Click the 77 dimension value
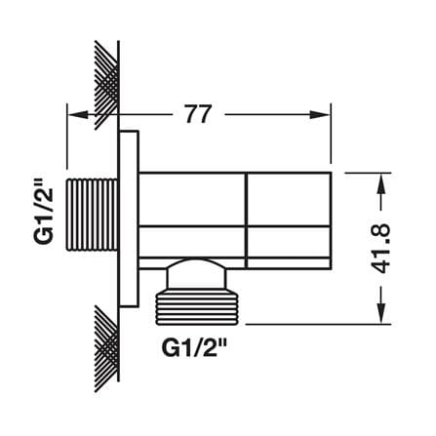tap(198, 114)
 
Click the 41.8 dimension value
tap(380, 249)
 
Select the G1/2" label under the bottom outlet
tap(194, 348)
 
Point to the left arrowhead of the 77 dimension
tap(77, 114)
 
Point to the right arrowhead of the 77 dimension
tap(320, 114)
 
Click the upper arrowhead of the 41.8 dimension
tap(381, 184)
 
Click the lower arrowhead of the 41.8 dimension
tap(381, 313)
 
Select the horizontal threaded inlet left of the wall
tap(92, 215)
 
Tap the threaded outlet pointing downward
tap(197, 308)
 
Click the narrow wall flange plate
tap(129, 218)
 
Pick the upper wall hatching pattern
tap(106, 85)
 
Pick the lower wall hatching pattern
tap(106, 348)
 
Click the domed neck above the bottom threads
tap(196, 274)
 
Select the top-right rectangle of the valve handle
tap(289, 199)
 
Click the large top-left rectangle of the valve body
tap(192, 199)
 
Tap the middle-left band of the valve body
tap(192, 241)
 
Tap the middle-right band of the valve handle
tap(289, 241)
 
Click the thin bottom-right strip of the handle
tap(289, 263)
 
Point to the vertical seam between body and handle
tap(246, 220)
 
